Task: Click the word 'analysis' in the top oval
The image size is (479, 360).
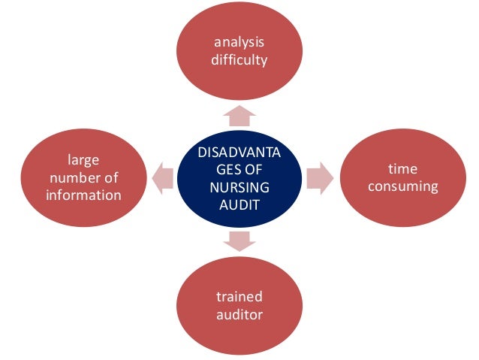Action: pyautogui.click(x=239, y=44)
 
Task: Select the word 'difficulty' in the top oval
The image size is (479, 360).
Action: pyautogui.click(x=239, y=59)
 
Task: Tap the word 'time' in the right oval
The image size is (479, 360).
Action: pyautogui.click(x=402, y=169)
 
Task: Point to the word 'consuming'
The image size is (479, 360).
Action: pyautogui.click(x=402, y=186)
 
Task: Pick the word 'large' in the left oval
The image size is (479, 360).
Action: pyautogui.click(x=83, y=161)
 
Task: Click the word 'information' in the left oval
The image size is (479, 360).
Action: pyautogui.click(x=83, y=195)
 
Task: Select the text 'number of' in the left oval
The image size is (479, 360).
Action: pyautogui.click(x=83, y=178)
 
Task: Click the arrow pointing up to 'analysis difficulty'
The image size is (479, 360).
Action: pyautogui.click(x=239, y=115)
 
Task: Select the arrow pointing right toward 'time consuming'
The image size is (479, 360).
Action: pyautogui.click(x=319, y=177)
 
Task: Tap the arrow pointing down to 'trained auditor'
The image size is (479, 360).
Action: pyautogui.click(x=239, y=240)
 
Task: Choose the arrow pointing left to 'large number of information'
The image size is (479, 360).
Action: pyautogui.click(x=160, y=177)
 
